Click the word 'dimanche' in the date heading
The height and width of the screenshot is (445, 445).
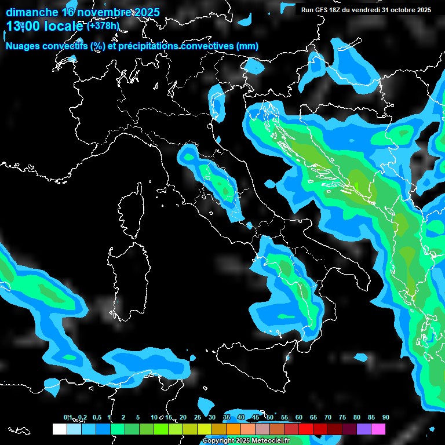(32, 12)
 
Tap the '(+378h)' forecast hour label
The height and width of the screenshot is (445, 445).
(103, 25)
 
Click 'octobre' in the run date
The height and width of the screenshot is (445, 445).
(404, 10)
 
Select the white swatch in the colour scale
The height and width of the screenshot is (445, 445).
(59, 429)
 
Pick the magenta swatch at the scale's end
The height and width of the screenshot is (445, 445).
(378, 429)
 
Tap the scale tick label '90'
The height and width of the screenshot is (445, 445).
(385, 417)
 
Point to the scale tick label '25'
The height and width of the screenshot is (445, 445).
(197, 417)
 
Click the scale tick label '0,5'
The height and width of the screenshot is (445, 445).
(96, 417)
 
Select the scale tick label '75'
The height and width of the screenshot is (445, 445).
(342, 417)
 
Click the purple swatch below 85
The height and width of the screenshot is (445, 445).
(364, 429)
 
